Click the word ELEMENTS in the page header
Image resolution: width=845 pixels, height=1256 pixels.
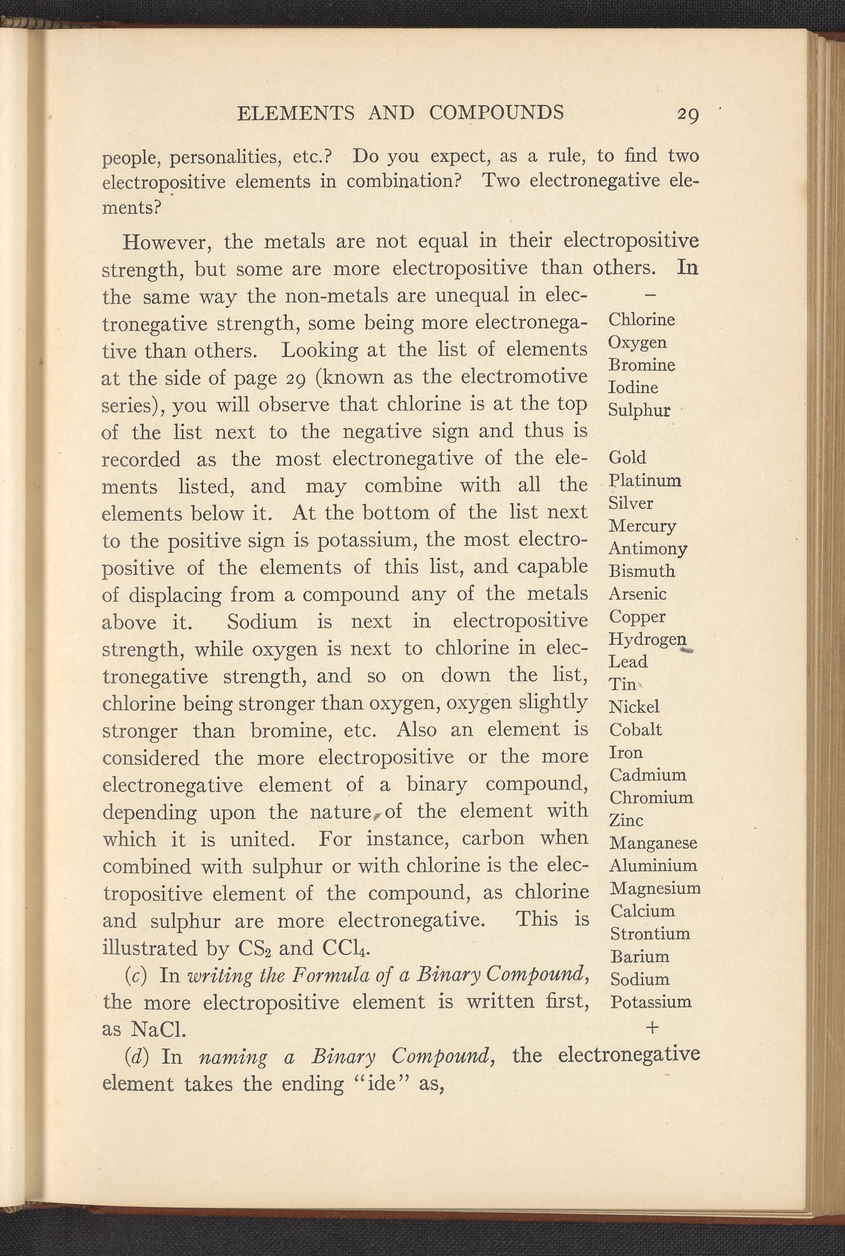296,113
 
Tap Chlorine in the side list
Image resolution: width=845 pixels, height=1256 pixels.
641,320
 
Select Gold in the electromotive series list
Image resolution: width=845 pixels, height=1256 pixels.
627,458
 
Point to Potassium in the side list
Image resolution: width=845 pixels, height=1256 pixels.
650,1002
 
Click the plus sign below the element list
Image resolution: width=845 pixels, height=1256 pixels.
652,1028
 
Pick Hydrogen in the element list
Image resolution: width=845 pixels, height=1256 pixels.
647,640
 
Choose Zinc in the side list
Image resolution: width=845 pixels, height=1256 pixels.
626,820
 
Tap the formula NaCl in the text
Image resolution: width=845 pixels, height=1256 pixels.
159,1030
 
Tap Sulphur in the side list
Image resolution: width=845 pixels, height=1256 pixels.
639,411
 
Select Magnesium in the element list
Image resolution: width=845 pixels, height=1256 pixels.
655,888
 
